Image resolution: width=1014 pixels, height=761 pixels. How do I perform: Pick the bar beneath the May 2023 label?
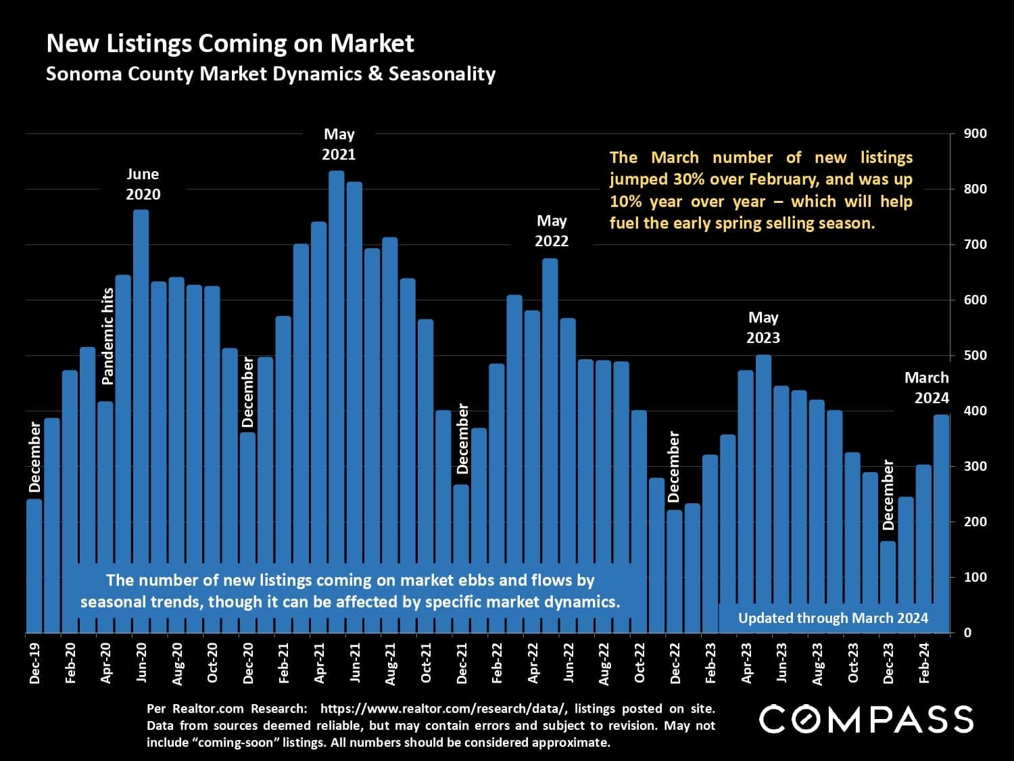coord(763,474)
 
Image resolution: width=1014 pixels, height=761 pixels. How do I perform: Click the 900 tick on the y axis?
coord(975,134)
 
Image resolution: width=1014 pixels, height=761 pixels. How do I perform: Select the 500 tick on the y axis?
coord(975,356)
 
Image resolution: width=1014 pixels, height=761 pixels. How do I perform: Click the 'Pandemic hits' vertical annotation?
coord(107,336)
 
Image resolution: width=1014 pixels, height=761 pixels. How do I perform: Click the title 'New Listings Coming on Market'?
coord(230,43)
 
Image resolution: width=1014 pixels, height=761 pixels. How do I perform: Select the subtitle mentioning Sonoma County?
coord(270,74)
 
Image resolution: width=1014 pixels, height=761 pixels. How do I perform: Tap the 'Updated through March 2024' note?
coord(833,618)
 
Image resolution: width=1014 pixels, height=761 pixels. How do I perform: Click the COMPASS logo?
coord(866,719)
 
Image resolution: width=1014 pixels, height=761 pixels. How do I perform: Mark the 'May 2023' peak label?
coord(763,327)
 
